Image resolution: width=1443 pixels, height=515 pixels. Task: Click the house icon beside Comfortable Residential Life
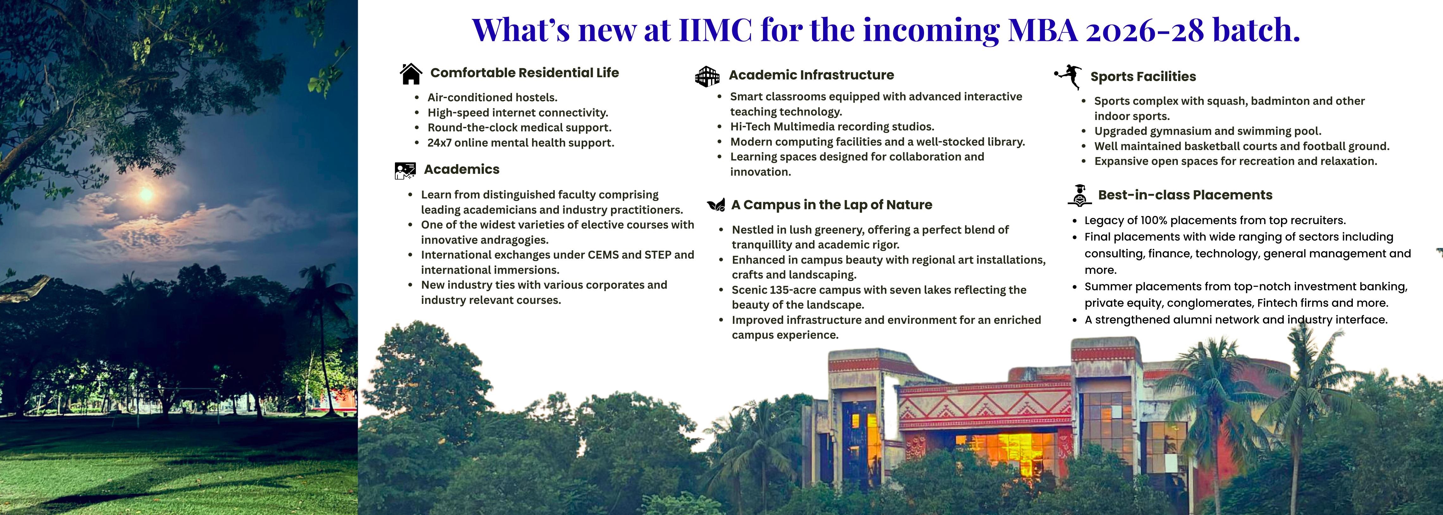[411, 73]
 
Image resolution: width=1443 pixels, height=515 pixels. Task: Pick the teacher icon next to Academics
[405, 170]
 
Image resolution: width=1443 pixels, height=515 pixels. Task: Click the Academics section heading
[462, 169]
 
